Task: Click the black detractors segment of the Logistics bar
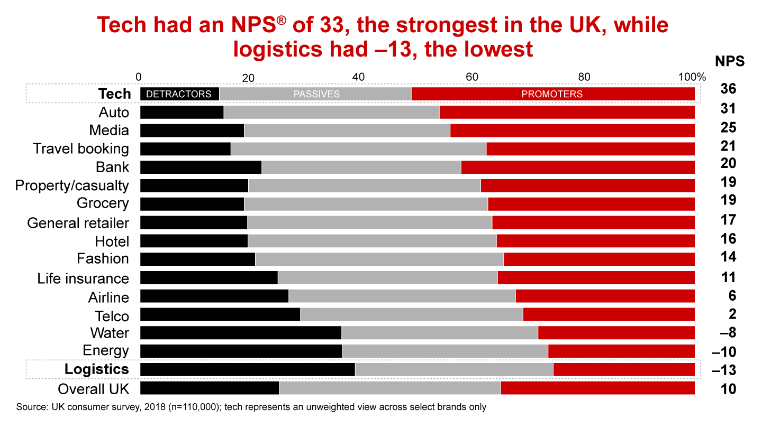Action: point(247,369)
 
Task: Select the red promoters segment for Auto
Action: point(567,112)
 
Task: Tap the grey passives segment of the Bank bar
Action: point(361,167)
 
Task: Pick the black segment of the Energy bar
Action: point(241,351)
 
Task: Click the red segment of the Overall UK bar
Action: point(597,388)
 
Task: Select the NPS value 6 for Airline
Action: point(732,296)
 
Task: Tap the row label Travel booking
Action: point(81,148)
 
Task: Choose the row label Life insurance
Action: point(83,278)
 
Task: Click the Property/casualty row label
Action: point(72,185)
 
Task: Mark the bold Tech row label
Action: point(114,94)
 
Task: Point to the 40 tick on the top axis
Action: point(358,77)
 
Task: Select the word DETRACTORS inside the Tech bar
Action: point(178,94)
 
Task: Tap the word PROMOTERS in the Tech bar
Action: point(551,94)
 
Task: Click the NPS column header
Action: point(730,61)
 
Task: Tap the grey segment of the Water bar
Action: point(439,332)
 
